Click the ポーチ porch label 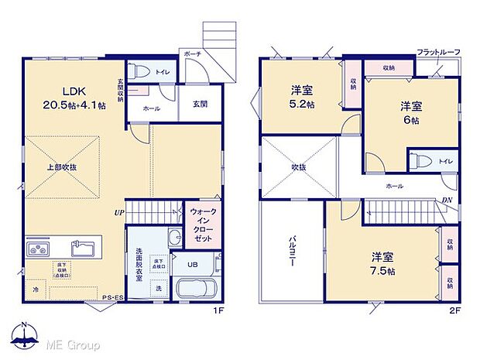tap(192, 54)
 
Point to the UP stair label tap(119, 211)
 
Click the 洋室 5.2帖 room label tap(302, 96)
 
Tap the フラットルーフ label tap(439, 52)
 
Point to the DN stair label tap(447, 201)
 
